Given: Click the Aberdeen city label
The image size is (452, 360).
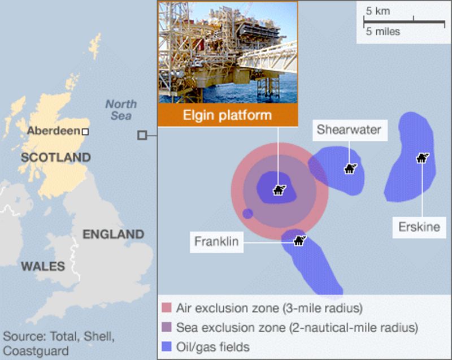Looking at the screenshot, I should coord(53,131).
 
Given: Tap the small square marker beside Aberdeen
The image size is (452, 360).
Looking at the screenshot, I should coord(85,132).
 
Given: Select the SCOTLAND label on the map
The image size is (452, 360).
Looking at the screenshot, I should coord(55,158).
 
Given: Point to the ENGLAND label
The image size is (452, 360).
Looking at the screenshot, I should coord(113,234).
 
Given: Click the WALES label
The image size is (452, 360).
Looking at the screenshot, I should coord(43,266).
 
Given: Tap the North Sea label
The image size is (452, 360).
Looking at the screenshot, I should coord(120,110).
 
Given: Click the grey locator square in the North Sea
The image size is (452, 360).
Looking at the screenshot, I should coord(142,135).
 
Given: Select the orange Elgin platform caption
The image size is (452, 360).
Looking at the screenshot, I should coord(228,116).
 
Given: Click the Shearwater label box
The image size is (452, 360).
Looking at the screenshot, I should coord(349,130).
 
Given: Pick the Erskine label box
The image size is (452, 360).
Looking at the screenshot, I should coord(419,228).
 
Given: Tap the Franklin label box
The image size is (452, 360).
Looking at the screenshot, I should coord(216,242).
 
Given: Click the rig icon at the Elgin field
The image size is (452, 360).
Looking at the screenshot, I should coord(279,190).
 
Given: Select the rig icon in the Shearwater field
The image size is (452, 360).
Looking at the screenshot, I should coord(351,168).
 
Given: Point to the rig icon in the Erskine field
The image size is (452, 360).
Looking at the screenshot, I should coord(422,158).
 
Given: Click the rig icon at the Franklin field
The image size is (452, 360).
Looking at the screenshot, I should coord(299,241).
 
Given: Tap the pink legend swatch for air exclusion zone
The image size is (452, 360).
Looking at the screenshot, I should coord(166,309).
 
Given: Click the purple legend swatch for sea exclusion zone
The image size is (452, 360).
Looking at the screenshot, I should coord(166,327).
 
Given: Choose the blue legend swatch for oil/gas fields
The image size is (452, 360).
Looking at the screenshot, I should coord(166,346).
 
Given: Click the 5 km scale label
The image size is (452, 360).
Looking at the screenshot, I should coord(377,11).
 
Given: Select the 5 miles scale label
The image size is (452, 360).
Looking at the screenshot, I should coord(383,32).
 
